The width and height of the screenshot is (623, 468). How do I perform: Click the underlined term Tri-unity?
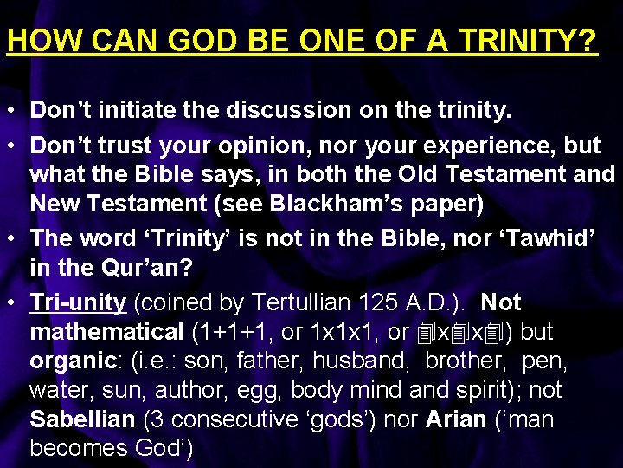(79, 302)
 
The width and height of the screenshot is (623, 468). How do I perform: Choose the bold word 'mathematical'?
(106, 332)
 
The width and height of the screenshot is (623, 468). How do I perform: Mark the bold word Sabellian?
(82, 420)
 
